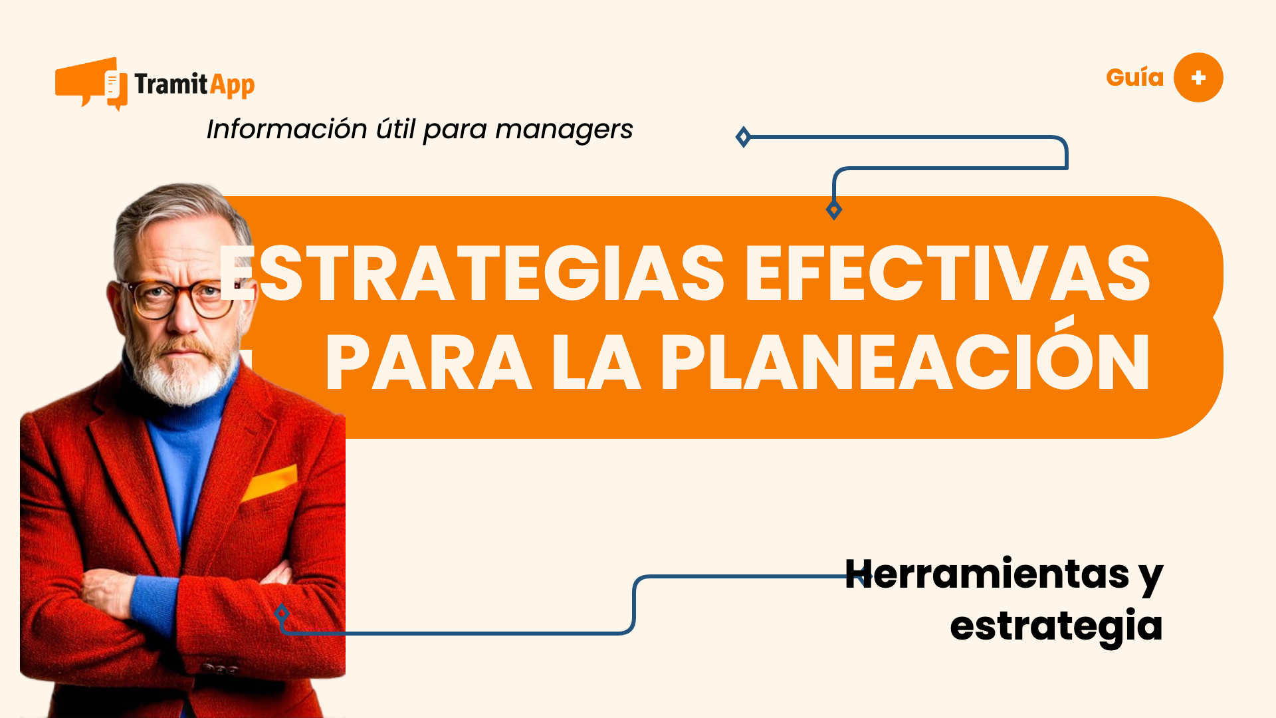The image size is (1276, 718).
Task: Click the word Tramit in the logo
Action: (171, 84)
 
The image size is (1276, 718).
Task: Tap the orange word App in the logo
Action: (232, 86)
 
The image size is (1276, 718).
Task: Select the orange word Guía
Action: (1134, 78)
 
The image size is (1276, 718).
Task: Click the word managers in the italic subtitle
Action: (564, 130)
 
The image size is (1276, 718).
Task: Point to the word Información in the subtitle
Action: (286, 129)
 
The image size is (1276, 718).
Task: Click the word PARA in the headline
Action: (429, 364)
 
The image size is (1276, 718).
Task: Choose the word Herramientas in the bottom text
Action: (987, 574)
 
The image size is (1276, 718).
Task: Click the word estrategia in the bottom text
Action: (1056, 626)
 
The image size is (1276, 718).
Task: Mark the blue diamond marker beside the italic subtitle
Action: (743, 138)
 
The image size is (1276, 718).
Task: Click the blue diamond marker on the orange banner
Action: (834, 210)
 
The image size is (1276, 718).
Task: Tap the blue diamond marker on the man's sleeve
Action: (282, 613)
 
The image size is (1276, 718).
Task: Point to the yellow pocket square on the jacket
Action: (270, 482)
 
